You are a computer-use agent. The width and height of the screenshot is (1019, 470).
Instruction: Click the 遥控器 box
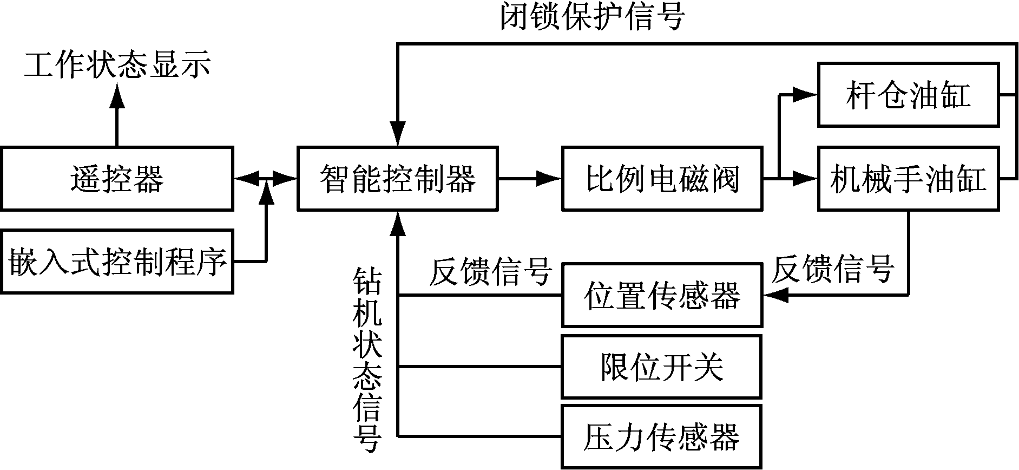pos(117,178)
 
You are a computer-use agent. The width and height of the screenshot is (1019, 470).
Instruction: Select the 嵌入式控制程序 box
pos(117,262)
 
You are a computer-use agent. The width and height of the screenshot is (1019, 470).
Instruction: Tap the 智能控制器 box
pos(398,178)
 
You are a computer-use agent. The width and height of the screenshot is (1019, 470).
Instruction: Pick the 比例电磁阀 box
pos(662,178)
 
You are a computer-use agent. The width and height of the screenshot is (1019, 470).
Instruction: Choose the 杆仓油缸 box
pos(908,95)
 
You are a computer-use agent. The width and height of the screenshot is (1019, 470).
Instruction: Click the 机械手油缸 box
pos(908,178)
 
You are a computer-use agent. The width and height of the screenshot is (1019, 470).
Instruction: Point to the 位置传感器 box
pos(662,296)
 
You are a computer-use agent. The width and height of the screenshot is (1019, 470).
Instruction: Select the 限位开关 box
pos(662,367)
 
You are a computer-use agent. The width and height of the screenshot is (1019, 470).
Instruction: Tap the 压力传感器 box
pos(662,436)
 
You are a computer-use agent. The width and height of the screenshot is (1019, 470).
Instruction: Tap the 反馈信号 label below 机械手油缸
pos(833,269)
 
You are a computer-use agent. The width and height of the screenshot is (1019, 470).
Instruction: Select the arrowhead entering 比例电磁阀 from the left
pos(549,178)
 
